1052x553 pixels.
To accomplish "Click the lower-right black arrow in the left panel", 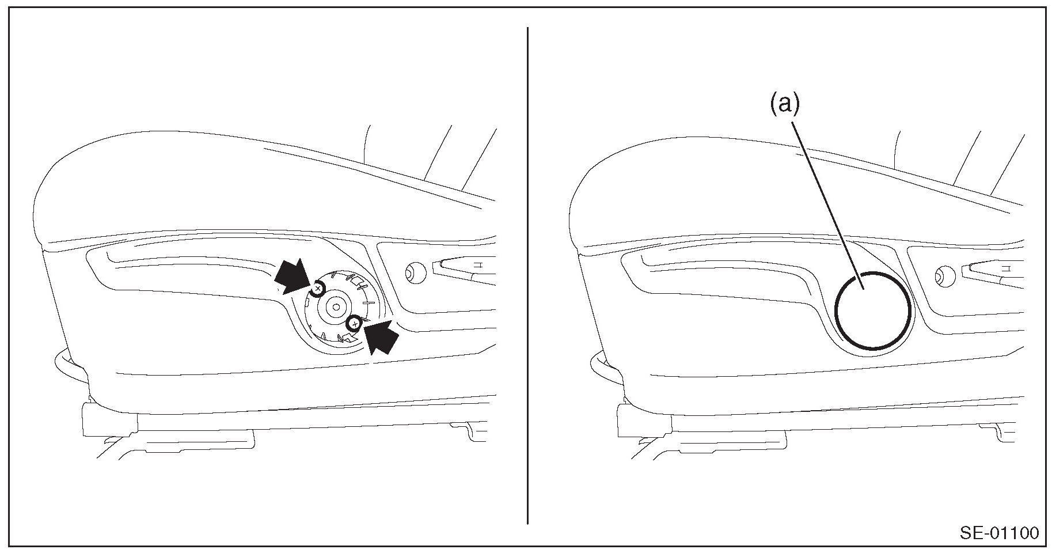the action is (379, 336).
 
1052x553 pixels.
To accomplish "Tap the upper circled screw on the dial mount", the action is (317, 288).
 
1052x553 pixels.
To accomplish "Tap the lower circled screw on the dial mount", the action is (355, 324).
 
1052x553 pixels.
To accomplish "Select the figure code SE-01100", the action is (998, 532).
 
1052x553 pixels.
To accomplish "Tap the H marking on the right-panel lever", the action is (1006, 268).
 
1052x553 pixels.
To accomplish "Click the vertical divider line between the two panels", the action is (527, 275).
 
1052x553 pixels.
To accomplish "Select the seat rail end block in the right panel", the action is (644, 418).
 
